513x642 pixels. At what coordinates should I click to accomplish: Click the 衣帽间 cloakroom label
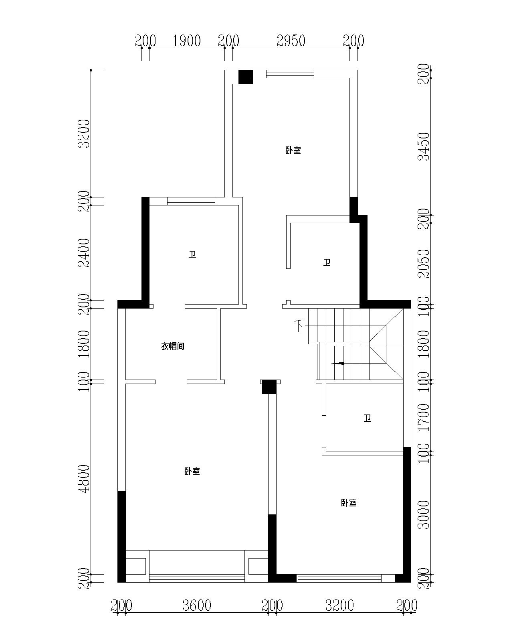tap(173, 346)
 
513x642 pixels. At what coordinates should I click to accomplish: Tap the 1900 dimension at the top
tap(187, 41)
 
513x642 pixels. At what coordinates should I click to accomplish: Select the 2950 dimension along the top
tap(291, 41)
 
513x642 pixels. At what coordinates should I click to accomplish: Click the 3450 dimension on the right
tap(423, 147)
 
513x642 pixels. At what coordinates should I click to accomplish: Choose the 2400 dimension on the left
tap(84, 253)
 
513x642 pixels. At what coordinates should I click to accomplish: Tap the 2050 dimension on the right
tap(423, 264)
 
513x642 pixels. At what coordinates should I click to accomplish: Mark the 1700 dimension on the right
tap(423, 417)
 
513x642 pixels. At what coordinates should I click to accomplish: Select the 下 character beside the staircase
tap(299, 325)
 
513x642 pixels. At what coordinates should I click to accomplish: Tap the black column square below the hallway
tap(269, 387)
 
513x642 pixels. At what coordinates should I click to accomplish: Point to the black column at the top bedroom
tap(246, 77)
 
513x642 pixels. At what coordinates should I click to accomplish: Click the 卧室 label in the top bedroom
tap(293, 150)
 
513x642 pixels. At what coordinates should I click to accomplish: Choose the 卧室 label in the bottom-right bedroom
tap(349, 503)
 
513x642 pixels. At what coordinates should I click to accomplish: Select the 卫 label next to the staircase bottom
tap(367, 418)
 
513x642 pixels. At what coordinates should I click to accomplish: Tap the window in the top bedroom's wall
tap(290, 74)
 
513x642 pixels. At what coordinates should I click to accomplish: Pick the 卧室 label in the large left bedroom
tap(192, 471)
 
